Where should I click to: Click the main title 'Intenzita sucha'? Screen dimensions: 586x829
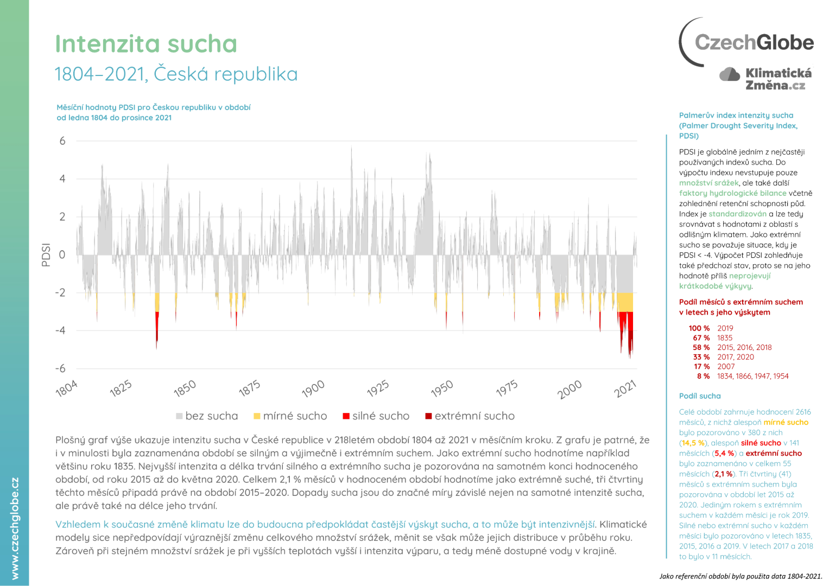[x=146, y=44]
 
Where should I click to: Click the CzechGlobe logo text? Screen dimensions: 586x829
[x=754, y=42]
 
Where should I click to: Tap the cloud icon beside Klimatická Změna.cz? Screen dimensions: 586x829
[x=730, y=74]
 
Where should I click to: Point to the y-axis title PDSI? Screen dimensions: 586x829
[x=46, y=254]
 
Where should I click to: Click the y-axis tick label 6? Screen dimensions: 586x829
[x=62, y=141]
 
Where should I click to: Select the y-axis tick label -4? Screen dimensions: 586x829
[x=60, y=330]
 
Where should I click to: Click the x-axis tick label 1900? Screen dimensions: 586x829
[x=313, y=388]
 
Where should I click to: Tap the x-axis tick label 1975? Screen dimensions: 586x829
[x=507, y=388]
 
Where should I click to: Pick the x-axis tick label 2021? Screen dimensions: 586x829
[x=625, y=388]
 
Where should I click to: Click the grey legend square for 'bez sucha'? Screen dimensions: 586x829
[x=179, y=416]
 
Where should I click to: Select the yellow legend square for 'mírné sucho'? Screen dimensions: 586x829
[x=257, y=416]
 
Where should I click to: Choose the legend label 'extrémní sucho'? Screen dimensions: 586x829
[x=474, y=416]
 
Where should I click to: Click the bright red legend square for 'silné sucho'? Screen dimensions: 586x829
[x=346, y=416]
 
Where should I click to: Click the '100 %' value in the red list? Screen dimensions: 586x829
[x=699, y=328]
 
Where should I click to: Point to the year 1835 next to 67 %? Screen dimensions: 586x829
[x=725, y=337]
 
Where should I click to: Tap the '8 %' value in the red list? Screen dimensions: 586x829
[x=703, y=376]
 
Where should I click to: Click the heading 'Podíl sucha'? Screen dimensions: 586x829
[x=700, y=396]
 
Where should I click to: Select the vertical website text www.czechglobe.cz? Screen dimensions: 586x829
[x=15, y=528]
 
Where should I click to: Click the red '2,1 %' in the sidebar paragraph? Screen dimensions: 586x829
[x=724, y=474]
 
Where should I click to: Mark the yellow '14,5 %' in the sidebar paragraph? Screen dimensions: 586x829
[x=693, y=443]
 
